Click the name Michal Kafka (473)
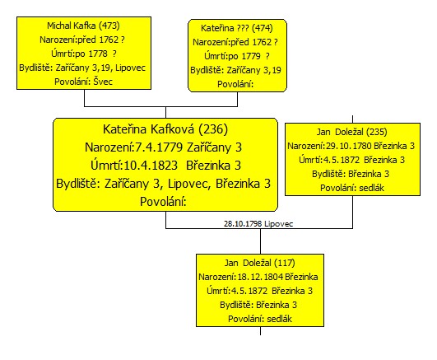(83, 26)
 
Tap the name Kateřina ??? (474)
(237, 28)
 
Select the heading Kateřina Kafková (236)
(165, 129)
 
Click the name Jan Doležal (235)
(351, 132)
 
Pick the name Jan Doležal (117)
(260, 263)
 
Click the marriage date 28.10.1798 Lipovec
(258, 223)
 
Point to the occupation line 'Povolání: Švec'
(83, 82)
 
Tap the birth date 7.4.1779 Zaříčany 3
(188, 147)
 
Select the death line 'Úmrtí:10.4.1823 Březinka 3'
(165, 166)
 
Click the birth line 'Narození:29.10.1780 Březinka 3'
(351, 146)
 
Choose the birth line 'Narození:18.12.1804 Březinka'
(258, 277)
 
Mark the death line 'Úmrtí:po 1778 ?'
(84, 54)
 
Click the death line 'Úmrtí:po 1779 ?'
(237, 56)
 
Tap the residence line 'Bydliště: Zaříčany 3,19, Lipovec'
(82, 68)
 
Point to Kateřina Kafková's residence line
(163, 184)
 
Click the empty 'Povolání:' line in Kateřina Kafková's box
(163, 202)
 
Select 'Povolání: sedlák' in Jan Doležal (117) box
(260, 319)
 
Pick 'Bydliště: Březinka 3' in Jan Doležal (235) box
(351, 174)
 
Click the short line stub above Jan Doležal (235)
(352, 119)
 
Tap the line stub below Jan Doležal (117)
(260, 330)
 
